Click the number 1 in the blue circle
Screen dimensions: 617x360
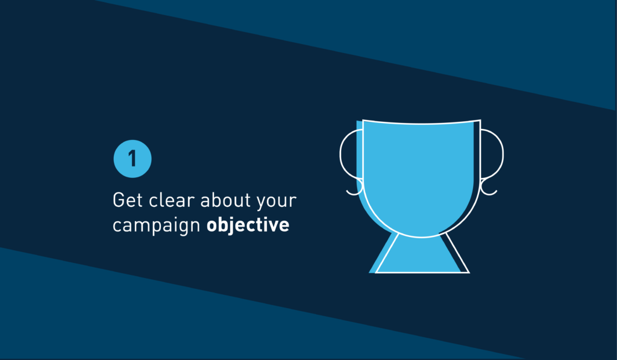coord(133,159)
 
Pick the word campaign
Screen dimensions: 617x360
coord(157,226)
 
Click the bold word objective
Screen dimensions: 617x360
coord(248,225)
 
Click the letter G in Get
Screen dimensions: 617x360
coord(119,200)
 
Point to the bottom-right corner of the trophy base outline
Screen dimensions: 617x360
coord(469,273)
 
